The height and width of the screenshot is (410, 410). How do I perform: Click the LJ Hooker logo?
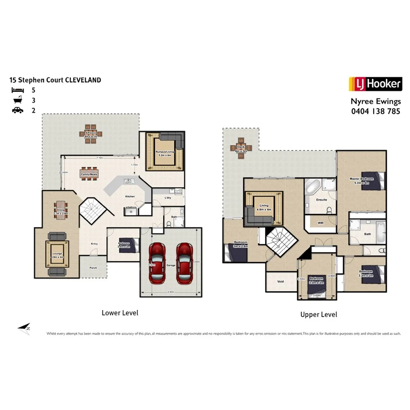[x=375, y=84]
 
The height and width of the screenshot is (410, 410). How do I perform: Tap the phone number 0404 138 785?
[x=375, y=111]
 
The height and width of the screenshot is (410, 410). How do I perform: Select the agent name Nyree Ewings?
[x=375, y=101]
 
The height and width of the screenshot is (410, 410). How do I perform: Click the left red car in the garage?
[x=158, y=263]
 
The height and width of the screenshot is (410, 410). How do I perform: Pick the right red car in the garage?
[x=185, y=263]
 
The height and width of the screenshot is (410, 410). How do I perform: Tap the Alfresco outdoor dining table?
[x=94, y=134]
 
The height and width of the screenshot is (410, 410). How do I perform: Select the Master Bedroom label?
[x=361, y=179]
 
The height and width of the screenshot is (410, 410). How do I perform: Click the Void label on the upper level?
[x=281, y=282]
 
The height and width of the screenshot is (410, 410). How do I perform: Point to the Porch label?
[x=93, y=267]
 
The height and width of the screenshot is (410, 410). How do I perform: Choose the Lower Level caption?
[x=120, y=313]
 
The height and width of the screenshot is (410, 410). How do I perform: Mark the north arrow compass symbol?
[x=24, y=327]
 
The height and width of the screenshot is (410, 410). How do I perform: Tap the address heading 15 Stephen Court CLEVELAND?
[x=55, y=80]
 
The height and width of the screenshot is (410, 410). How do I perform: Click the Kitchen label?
[x=130, y=196]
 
